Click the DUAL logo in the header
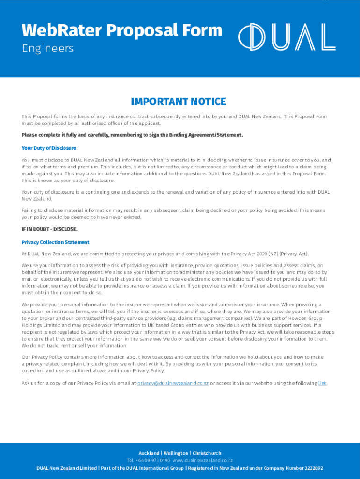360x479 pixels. pos(287,37)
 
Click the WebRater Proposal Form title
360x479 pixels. pos(122,30)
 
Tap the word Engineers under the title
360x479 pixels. pos(48,49)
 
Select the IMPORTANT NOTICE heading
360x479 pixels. pos(179,102)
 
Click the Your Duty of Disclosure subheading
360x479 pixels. pos(49,148)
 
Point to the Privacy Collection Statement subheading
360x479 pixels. pos(55,242)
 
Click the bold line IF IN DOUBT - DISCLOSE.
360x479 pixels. pos(50,229)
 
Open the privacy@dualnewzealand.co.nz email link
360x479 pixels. pos(173,383)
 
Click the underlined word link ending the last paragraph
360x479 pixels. pos(323,383)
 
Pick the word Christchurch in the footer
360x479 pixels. pos(207,453)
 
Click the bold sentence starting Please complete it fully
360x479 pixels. pos(132,135)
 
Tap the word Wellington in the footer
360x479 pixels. pos(176,453)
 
